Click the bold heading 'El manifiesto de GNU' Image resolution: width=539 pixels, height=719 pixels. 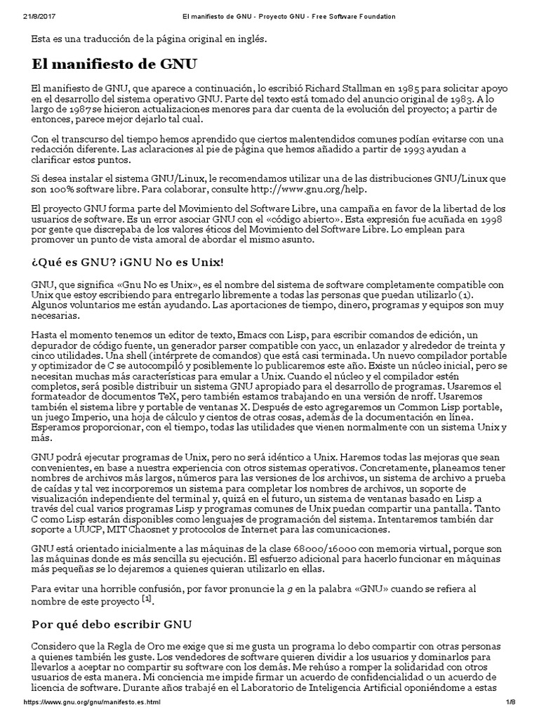[x=114, y=65]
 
